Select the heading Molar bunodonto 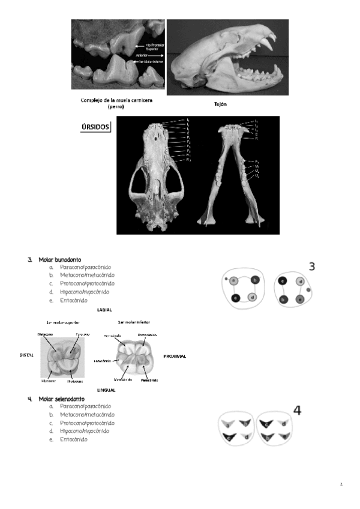click(59, 259)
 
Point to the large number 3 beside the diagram click(312, 267)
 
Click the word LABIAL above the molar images click(104, 310)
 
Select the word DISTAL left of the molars click(26, 355)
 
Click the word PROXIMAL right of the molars click(175, 356)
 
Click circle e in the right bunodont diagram click(301, 299)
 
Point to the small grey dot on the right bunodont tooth click(308, 290)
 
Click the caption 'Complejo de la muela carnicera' click(115, 100)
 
